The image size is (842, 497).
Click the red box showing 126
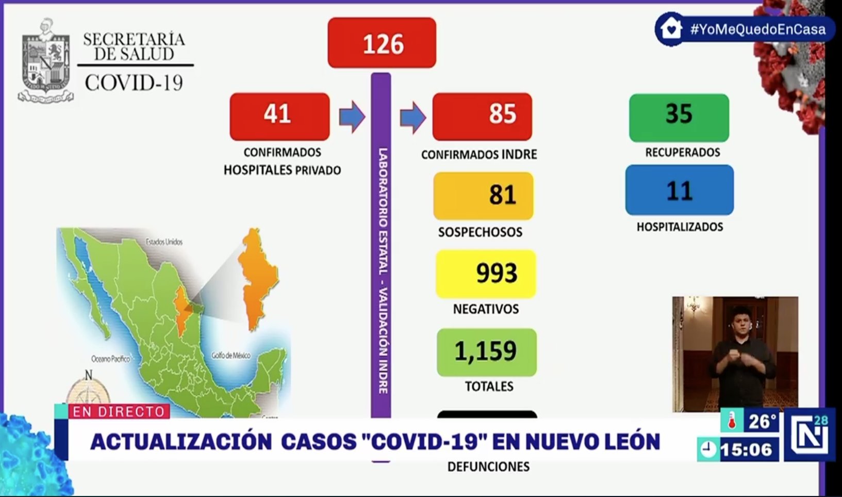[x=382, y=43]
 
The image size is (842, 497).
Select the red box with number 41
[x=279, y=116]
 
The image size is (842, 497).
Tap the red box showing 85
[x=482, y=116]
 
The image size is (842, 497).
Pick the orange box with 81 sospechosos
[x=483, y=196]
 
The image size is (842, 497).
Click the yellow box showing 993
[x=486, y=274]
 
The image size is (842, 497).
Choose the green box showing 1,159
[x=486, y=352]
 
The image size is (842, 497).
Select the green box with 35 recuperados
[x=679, y=117]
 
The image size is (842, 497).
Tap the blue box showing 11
[x=679, y=190]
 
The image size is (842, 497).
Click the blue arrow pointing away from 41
[x=352, y=117]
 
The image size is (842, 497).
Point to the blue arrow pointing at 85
[x=412, y=117]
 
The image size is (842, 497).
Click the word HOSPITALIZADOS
[x=680, y=227]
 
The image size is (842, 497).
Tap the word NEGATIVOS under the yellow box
[x=486, y=309]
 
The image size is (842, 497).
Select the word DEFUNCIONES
[x=488, y=467]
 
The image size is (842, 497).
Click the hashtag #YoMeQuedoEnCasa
[x=757, y=29]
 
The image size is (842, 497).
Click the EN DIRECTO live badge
[x=119, y=412]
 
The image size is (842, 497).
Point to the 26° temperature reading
[x=762, y=422]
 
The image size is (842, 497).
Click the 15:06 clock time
[x=746, y=450]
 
